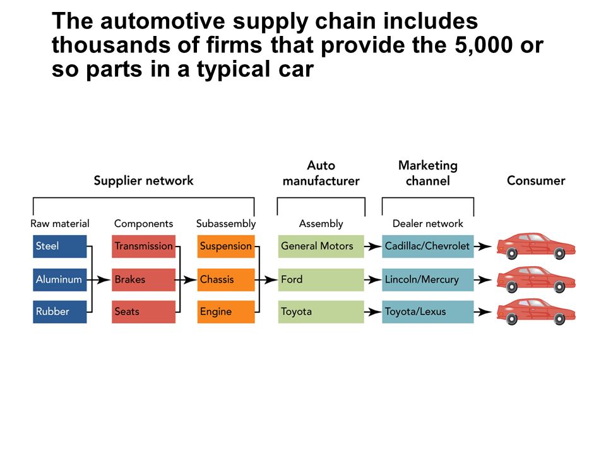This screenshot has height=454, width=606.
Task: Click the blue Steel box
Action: coord(59,247)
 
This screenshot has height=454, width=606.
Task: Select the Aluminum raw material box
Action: coord(59,279)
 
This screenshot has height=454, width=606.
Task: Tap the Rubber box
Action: coord(59,311)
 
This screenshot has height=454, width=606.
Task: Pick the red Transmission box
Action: coord(143,247)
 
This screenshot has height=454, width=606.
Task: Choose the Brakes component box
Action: coord(143,279)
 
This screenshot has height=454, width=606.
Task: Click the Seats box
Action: coord(143,311)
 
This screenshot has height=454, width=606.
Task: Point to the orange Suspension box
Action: coord(226,247)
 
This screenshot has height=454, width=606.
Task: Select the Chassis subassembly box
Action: coord(226,279)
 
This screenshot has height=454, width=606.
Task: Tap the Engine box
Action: coord(226,311)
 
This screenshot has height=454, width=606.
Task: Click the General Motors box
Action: coord(321,247)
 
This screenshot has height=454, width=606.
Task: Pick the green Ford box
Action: coord(321,279)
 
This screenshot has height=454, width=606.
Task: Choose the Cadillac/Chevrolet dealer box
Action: coord(428,247)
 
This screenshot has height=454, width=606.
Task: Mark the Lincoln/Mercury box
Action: coord(428,279)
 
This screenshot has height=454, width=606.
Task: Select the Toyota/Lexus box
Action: coord(428,311)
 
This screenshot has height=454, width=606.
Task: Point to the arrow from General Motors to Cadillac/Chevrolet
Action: coord(373,247)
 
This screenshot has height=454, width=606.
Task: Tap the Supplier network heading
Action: coord(143,181)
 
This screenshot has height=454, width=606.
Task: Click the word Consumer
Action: coord(536,181)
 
